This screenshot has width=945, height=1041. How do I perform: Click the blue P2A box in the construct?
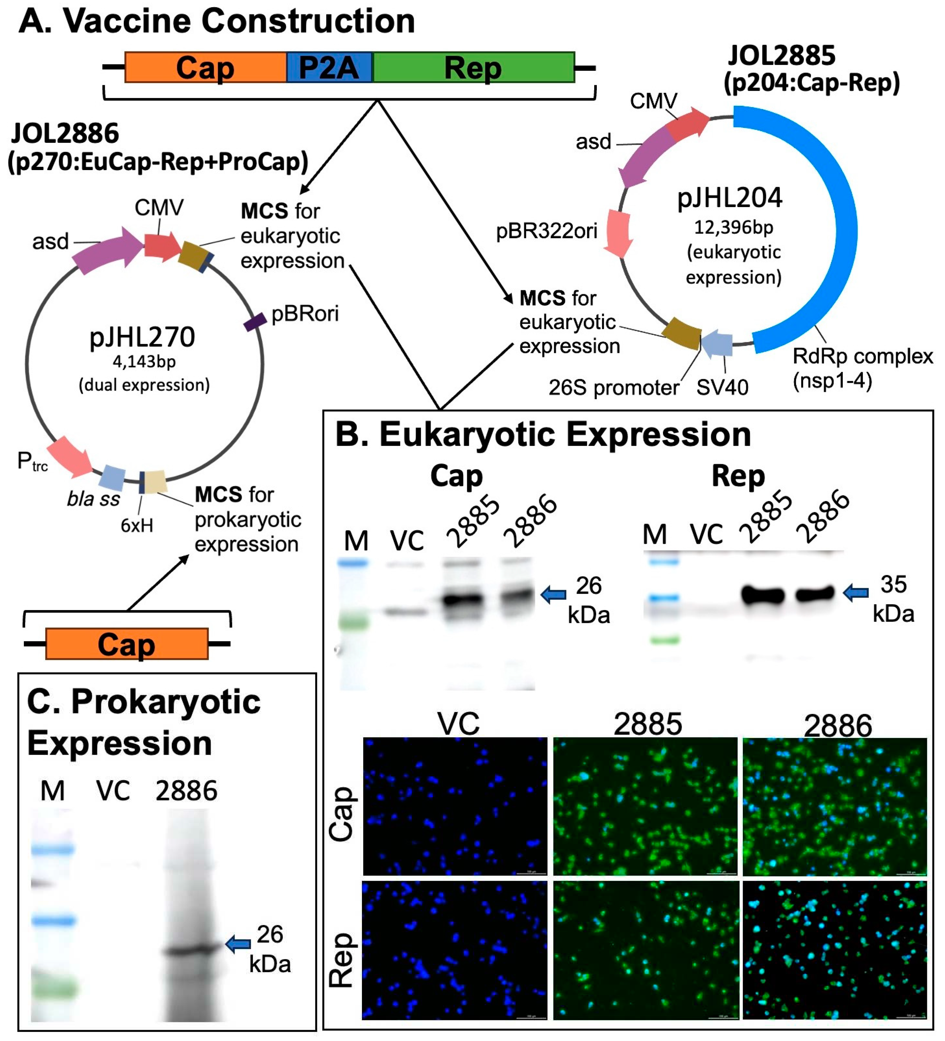[329, 67]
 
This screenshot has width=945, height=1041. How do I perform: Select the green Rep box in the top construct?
[473, 67]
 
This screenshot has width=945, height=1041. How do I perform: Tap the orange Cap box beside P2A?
[205, 67]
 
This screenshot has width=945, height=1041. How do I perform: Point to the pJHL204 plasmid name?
[729, 198]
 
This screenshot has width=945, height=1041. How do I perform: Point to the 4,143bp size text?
[144, 361]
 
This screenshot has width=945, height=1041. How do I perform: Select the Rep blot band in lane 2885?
[763, 595]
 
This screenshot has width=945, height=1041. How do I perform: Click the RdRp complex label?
[862, 356]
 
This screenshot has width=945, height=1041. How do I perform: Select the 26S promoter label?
[613, 387]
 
